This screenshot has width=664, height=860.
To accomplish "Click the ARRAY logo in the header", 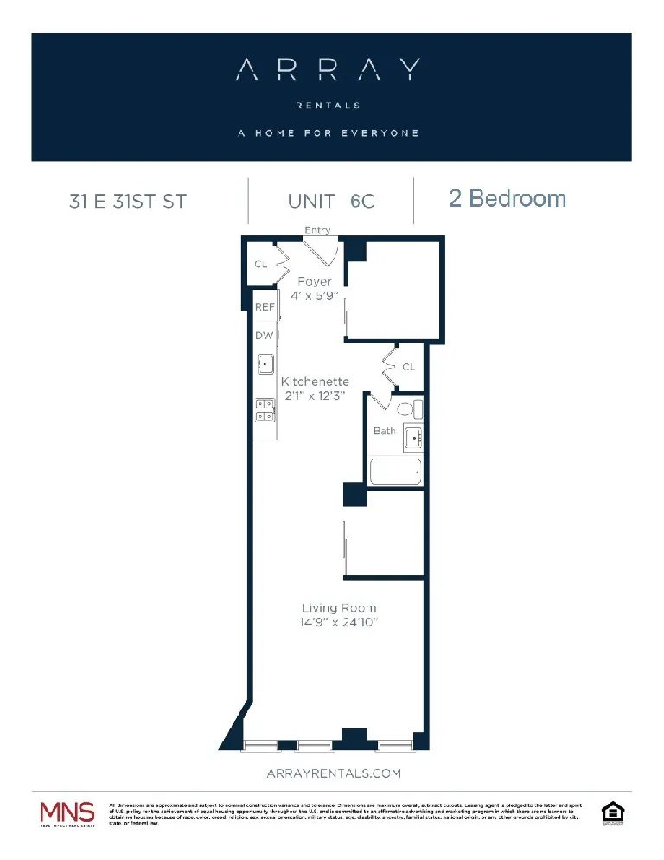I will coord(329,70).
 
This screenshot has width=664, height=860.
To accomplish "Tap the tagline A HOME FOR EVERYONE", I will coord(329,132).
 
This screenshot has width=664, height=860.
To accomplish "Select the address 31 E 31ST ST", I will coord(128,202).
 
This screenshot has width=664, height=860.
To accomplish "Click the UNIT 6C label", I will coord(331,201).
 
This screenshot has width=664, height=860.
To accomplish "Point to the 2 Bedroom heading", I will coord(508,199).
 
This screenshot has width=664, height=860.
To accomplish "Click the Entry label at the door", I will coord(317,230).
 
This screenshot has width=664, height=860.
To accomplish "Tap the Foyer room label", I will coord(314,281).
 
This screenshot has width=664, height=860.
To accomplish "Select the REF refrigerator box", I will coord(265,307).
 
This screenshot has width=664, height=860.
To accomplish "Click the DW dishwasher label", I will coord(264,335).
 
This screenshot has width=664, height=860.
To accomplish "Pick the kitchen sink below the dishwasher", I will coord(265,364).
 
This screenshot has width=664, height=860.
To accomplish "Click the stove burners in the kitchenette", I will coord(265,409).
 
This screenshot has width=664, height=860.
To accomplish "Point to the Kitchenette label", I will coord(315,381).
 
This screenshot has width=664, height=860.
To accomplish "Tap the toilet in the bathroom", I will coord(407,409).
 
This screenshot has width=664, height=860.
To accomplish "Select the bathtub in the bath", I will coord(395,472).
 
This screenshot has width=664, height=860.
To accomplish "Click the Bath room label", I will coord(385,431).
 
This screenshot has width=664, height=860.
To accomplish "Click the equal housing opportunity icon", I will coord(612,813).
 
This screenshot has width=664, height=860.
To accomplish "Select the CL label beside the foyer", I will coord(259,266).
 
